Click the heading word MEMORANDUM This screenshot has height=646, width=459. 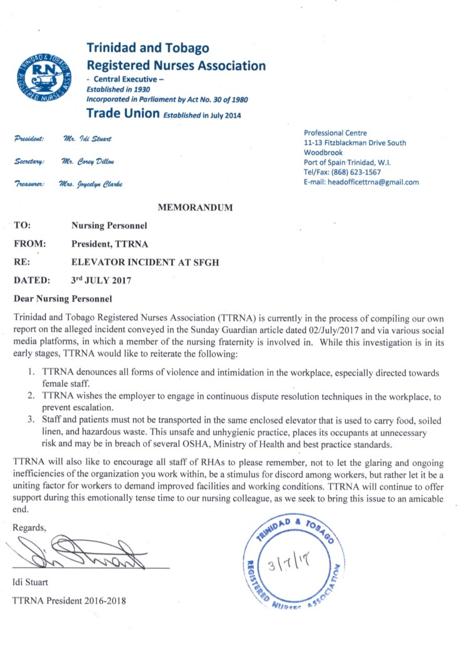coord(196,206)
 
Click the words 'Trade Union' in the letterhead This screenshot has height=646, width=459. coord(121,114)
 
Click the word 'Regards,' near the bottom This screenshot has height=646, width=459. coord(29,527)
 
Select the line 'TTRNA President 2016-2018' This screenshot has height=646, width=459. coord(69,601)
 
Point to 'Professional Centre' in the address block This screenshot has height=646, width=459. coord(335,133)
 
